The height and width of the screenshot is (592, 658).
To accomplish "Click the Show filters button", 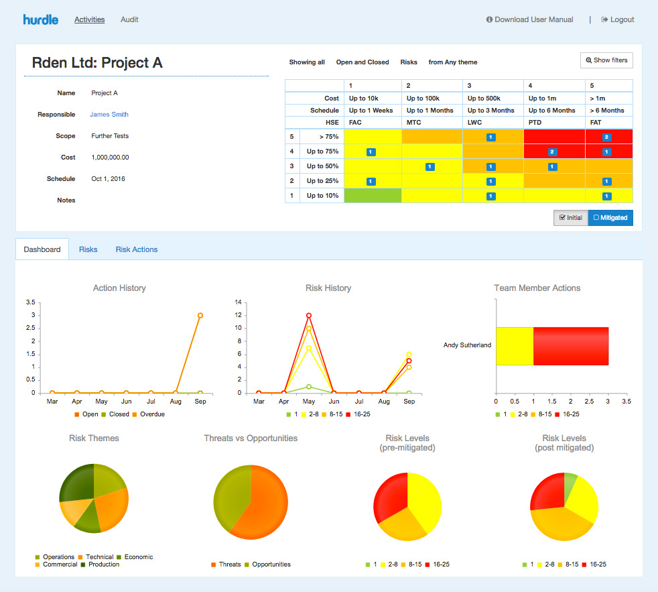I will (x=606, y=60).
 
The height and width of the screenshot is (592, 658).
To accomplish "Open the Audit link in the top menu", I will (x=129, y=19).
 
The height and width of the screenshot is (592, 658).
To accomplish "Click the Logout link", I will (x=618, y=19).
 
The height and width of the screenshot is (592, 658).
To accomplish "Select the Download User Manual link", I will (x=529, y=19).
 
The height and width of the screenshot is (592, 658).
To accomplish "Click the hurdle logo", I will (x=42, y=19).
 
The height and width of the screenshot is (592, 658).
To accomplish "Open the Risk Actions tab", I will (x=137, y=249).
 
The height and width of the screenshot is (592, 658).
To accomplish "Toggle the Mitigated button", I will (x=610, y=218).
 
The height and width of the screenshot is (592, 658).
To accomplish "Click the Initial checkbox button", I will (x=570, y=218).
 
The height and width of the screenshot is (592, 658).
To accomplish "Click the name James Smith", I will (x=109, y=115).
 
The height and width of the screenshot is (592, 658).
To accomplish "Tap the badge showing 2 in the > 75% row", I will (x=606, y=137).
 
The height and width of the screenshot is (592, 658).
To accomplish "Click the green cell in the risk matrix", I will (x=373, y=196).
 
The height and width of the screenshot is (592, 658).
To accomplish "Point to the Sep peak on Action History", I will (x=200, y=315).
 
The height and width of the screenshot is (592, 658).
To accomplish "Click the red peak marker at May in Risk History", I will (x=309, y=315).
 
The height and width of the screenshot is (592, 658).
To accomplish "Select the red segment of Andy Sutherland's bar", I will (x=570, y=346).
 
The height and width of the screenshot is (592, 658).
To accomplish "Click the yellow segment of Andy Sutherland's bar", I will (x=515, y=346).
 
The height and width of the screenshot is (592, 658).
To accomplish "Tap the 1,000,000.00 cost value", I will (x=110, y=158).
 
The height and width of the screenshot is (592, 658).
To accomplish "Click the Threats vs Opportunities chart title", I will (x=251, y=438).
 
